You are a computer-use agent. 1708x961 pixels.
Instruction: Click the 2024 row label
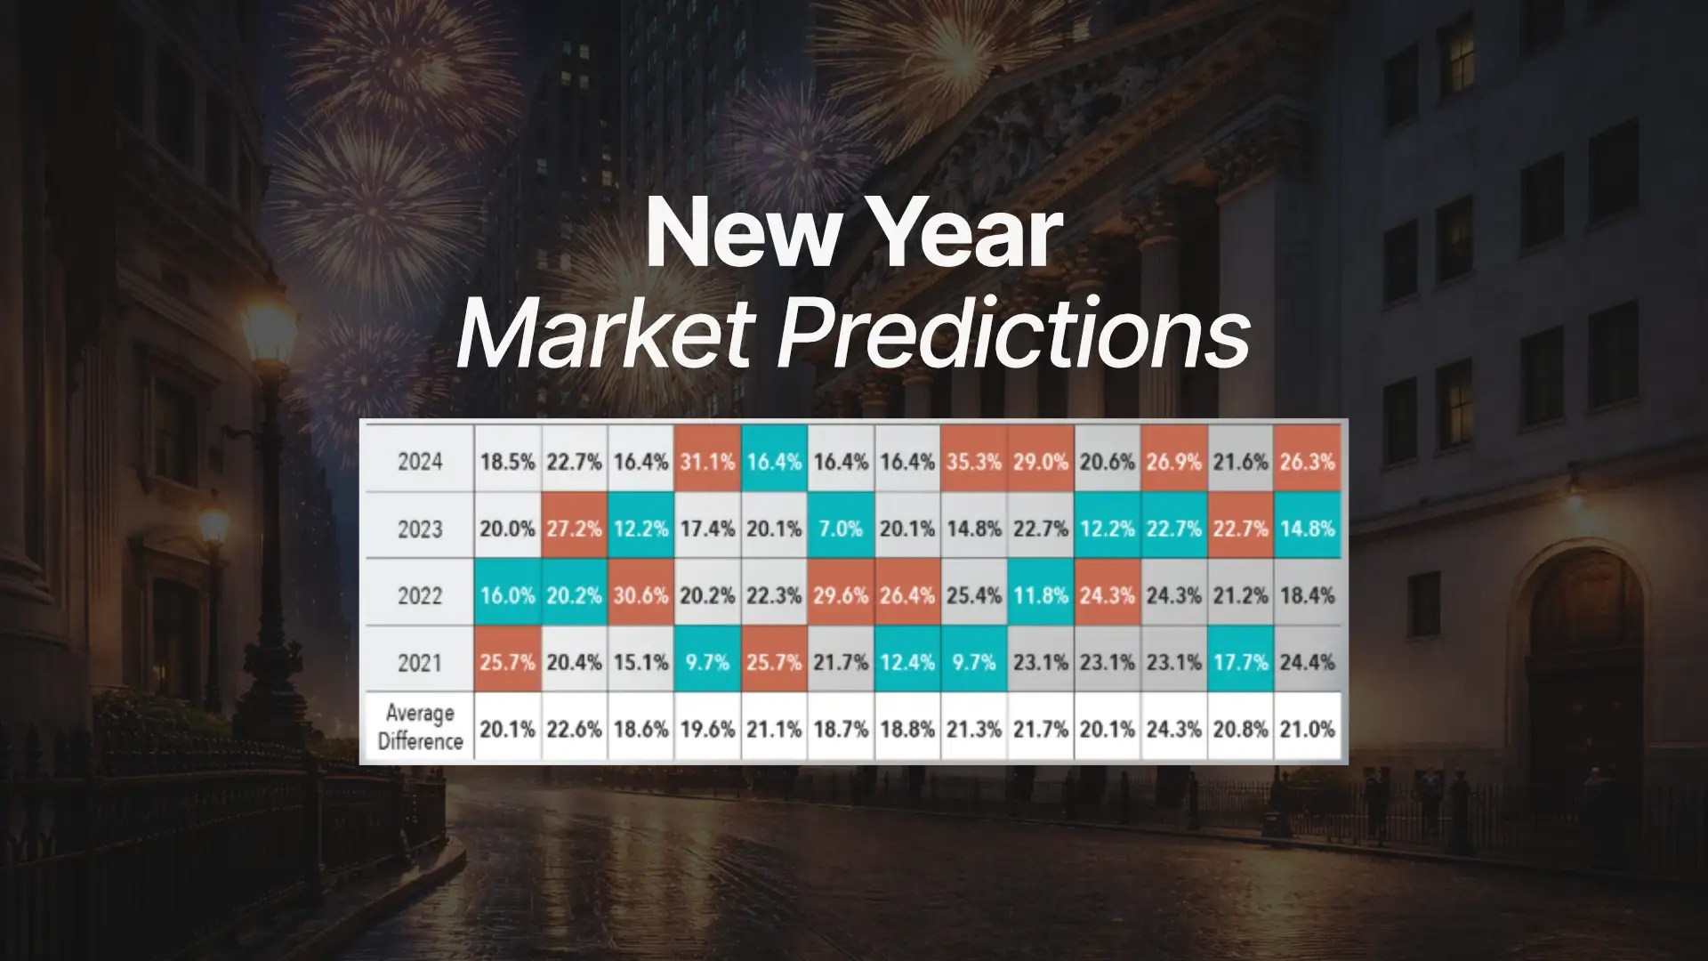[x=419, y=462]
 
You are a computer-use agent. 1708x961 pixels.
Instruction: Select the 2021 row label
[x=419, y=663]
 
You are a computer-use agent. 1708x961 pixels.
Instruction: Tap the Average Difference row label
[x=419, y=727]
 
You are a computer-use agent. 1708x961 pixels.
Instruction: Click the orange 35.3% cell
[x=973, y=462]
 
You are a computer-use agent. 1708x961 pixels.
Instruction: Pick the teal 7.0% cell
[x=841, y=529]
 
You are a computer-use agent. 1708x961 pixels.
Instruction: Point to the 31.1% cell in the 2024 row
[x=707, y=462]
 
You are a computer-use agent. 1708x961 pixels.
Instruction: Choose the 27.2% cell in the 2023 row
[x=574, y=529]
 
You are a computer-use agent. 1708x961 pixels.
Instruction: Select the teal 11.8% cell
[x=1040, y=595]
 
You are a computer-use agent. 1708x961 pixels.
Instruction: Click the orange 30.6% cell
[x=640, y=595]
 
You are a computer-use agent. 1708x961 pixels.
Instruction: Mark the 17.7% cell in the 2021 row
[x=1240, y=663]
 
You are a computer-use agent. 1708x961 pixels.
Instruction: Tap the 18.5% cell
[x=507, y=462]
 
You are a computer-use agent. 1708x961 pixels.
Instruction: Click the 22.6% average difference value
[x=574, y=730]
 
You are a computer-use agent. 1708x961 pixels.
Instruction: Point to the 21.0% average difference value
[x=1307, y=730]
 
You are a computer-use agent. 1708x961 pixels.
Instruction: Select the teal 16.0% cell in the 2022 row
[x=507, y=595]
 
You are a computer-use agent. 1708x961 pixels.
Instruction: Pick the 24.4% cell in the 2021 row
[x=1307, y=663]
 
